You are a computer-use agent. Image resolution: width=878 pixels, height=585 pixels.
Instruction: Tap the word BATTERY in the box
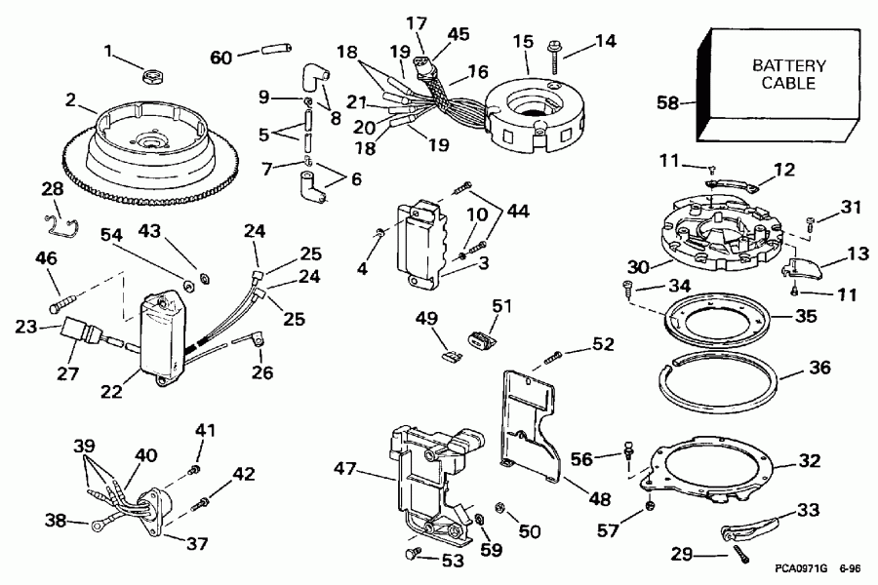pos(788,66)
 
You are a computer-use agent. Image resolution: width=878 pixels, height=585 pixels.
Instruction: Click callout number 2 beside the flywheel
pos(70,98)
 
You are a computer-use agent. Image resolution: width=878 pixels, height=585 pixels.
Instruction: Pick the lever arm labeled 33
pos(741,529)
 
